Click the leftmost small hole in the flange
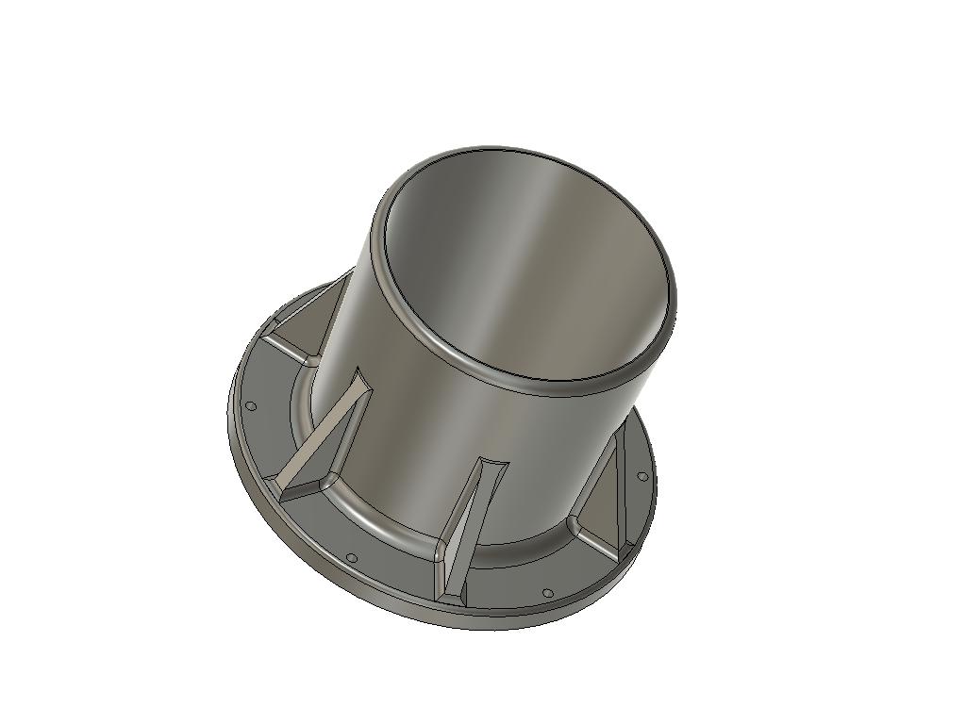252,406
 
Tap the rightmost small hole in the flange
643,477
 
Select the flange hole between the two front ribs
351,557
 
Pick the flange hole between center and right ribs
547,593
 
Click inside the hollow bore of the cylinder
528,273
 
